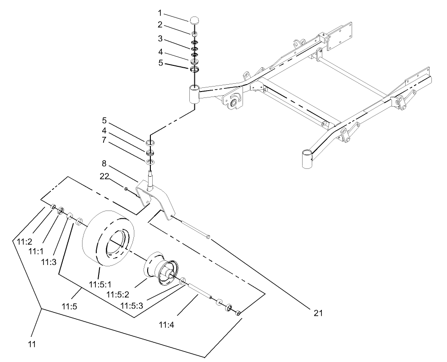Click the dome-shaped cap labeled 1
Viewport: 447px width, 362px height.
point(194,20)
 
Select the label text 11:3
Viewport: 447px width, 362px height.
point(48,262)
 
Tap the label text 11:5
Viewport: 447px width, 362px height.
point(69,303)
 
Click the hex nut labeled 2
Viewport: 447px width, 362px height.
point(194,33)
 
